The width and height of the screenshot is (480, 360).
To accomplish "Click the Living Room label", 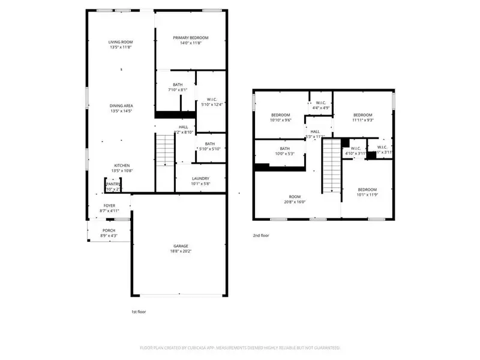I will click(121, 42).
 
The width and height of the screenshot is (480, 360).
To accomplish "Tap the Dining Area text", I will click(121, 106).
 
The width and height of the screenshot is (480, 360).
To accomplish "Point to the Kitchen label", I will click(122, 166).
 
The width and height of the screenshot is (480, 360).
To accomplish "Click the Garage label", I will click(181, 246).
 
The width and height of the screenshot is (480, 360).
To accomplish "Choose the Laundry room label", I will click(200, 178).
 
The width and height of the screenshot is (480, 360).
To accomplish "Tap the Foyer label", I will click(109, 205).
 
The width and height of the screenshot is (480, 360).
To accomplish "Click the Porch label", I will click(109, 230).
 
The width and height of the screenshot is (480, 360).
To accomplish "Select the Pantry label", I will click(113, 184).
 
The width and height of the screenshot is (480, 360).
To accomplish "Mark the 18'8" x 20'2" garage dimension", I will click(181, 252).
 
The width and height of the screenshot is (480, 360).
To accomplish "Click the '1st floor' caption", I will click(139, 312).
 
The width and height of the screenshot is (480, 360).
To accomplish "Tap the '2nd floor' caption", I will click(261, 236).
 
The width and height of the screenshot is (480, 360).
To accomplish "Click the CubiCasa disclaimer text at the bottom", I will click(240, 347).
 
